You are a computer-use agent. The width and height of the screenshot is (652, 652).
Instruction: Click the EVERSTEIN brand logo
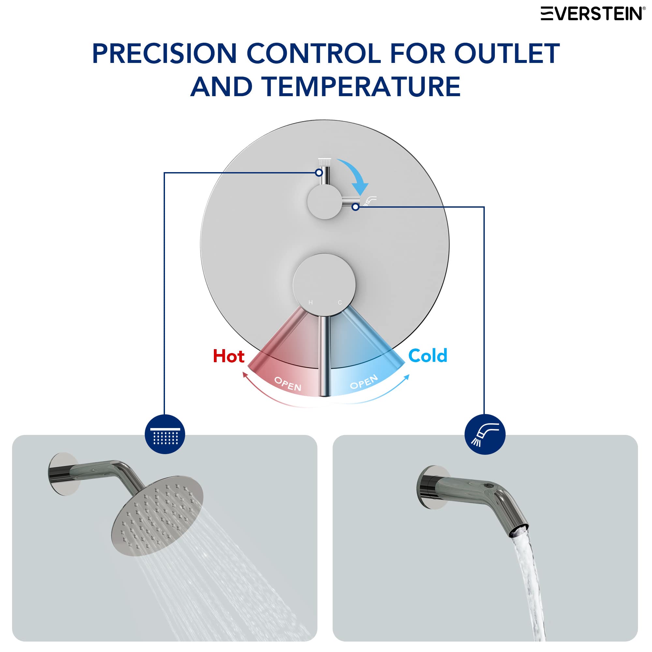pos(592,13)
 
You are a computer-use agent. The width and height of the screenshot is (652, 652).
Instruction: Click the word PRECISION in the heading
pos(164,54)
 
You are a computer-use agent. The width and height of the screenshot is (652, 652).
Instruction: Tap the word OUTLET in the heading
pos(507,54)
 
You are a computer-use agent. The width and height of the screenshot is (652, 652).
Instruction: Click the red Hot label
pos(229,356)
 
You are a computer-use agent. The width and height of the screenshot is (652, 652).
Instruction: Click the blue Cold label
pos(428,356)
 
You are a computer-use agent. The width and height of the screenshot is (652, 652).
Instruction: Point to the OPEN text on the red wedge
pos(288,384)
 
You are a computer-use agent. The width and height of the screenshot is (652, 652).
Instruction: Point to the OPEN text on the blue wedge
pos(364,382)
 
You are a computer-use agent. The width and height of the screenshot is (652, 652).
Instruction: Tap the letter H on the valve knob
pos(310,303)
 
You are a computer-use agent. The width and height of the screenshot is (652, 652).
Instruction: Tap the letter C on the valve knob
pos(340,303)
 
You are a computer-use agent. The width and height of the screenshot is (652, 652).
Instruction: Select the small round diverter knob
pos(325,202)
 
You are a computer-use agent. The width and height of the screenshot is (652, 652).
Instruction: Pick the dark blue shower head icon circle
pos(165,434)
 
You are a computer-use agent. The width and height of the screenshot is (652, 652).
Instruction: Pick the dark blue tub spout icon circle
pos(485,434)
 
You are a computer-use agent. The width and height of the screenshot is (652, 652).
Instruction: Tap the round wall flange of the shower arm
pos(63,474)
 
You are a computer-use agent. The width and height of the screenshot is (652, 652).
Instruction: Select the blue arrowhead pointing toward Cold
pos(408,377)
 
